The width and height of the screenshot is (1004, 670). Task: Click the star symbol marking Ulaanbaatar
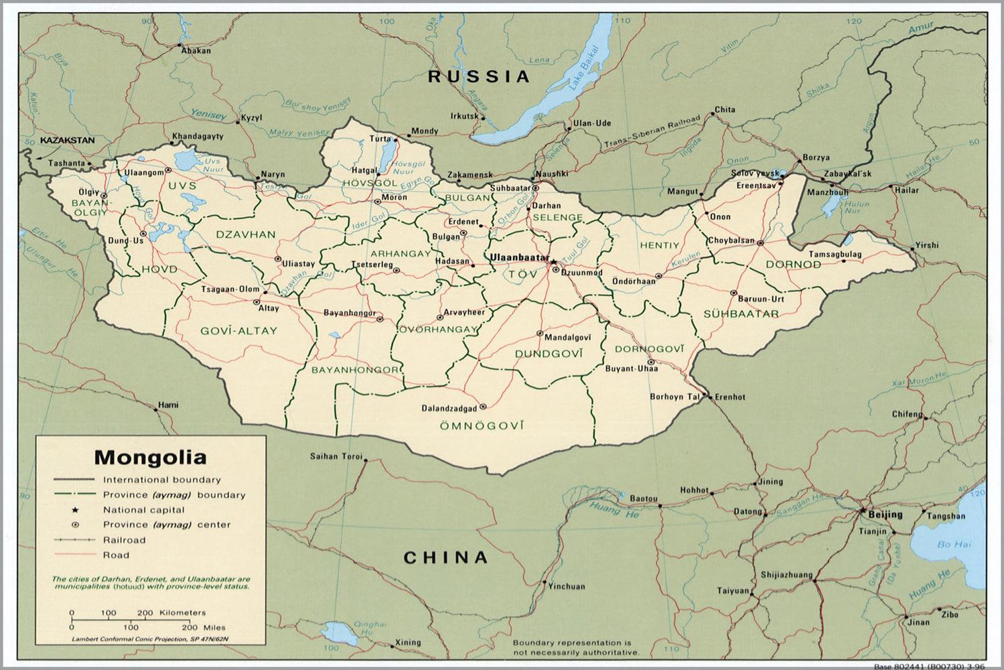[x=553, y=259]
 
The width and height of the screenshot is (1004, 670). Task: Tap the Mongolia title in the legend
[x=150, y=458]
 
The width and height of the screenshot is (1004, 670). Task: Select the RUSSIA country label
[x=479, y=76]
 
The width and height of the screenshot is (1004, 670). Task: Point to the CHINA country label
[x=445, y=557]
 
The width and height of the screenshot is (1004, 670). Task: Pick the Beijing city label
[x=885, y=515]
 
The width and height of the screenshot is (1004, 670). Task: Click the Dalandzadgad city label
[x=449, y=408]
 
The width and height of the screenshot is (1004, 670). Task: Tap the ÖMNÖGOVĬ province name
[x=482, y=425]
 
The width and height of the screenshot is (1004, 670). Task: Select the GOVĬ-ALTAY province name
[x=238, y=330]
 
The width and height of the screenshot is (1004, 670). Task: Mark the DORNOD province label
[x=793, y=265]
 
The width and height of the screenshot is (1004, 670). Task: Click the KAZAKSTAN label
[x=67, y=141]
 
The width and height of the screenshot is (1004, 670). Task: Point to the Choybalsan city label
[x=731, y=241]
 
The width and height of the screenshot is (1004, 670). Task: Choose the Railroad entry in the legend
[x=124, y=540]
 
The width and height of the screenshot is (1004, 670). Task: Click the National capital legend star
[x=75, y=510]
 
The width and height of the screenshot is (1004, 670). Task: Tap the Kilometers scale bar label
[x=182, y=612]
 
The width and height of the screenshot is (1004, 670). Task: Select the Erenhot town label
[x=730, y=397]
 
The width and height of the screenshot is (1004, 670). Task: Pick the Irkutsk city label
[x=464, y=116]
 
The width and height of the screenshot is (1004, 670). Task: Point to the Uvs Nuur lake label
[x=213, y=165]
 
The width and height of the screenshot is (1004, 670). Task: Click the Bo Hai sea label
[x=954, y=544]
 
